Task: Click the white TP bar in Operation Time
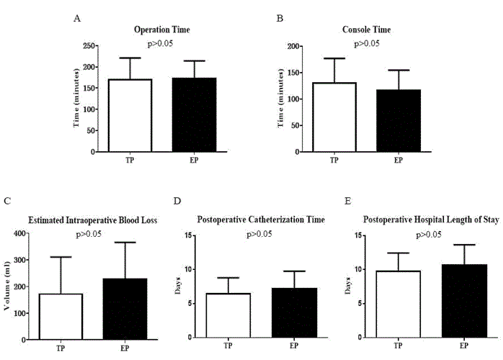(130, 115)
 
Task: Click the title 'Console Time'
(366, 30)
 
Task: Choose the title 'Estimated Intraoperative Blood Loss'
(92, 220)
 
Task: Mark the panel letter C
(7, 201)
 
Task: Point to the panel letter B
(280, 17)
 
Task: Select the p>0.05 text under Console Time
(366, 43)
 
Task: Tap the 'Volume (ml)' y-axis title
(7, 285)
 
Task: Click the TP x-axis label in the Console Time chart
(334, 161)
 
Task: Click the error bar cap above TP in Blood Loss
(61, 257)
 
